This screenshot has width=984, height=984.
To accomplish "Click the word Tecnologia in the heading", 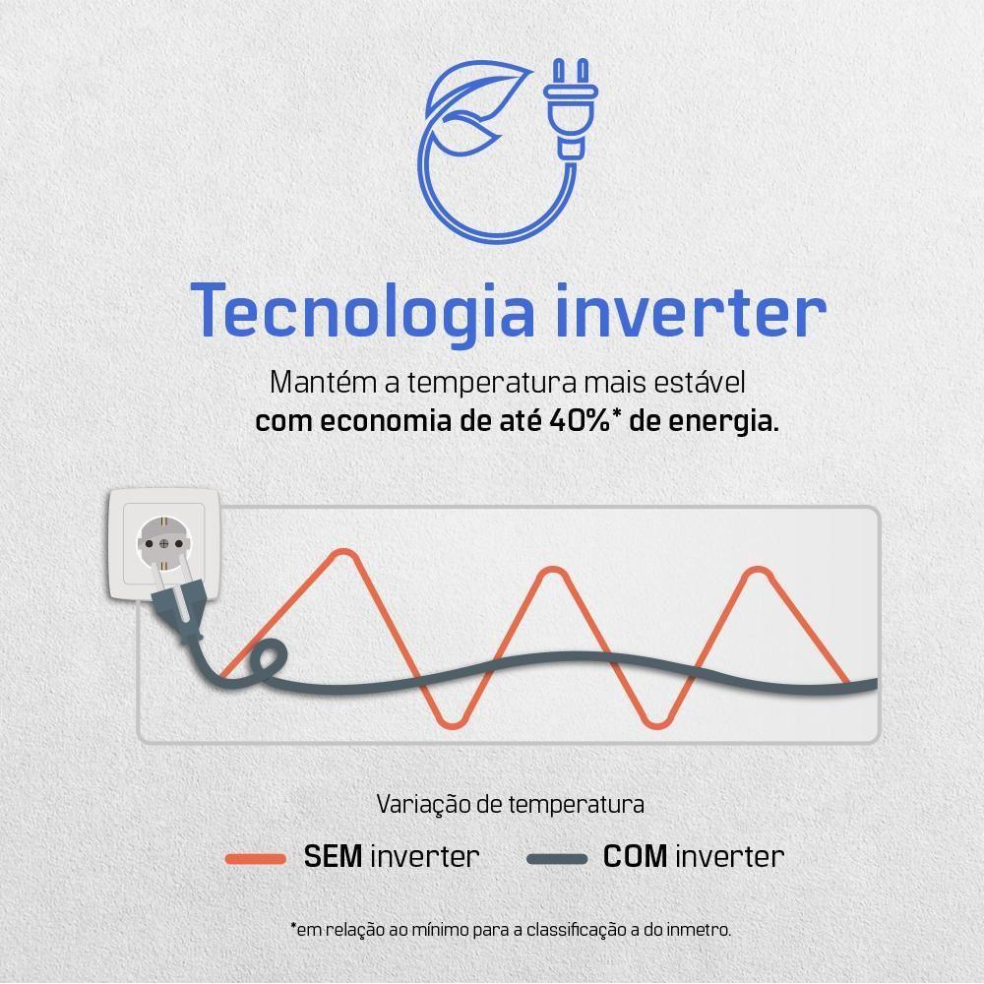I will (x=364, y=313).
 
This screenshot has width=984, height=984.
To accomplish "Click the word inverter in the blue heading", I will (x=689, y=313).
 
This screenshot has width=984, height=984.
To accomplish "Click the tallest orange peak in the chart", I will (x=343, y=553).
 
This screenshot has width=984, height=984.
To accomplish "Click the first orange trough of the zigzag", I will (x=451, y=723).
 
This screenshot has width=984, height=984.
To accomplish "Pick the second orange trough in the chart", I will (x=655, y=723).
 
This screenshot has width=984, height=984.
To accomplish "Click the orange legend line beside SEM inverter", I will (x=255, y=858).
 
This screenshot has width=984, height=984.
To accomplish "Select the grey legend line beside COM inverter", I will (x=557, y=858).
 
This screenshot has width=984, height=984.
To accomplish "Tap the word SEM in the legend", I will (x=334, y=856).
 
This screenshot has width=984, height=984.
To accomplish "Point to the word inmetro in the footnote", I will (x=699, y=929).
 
